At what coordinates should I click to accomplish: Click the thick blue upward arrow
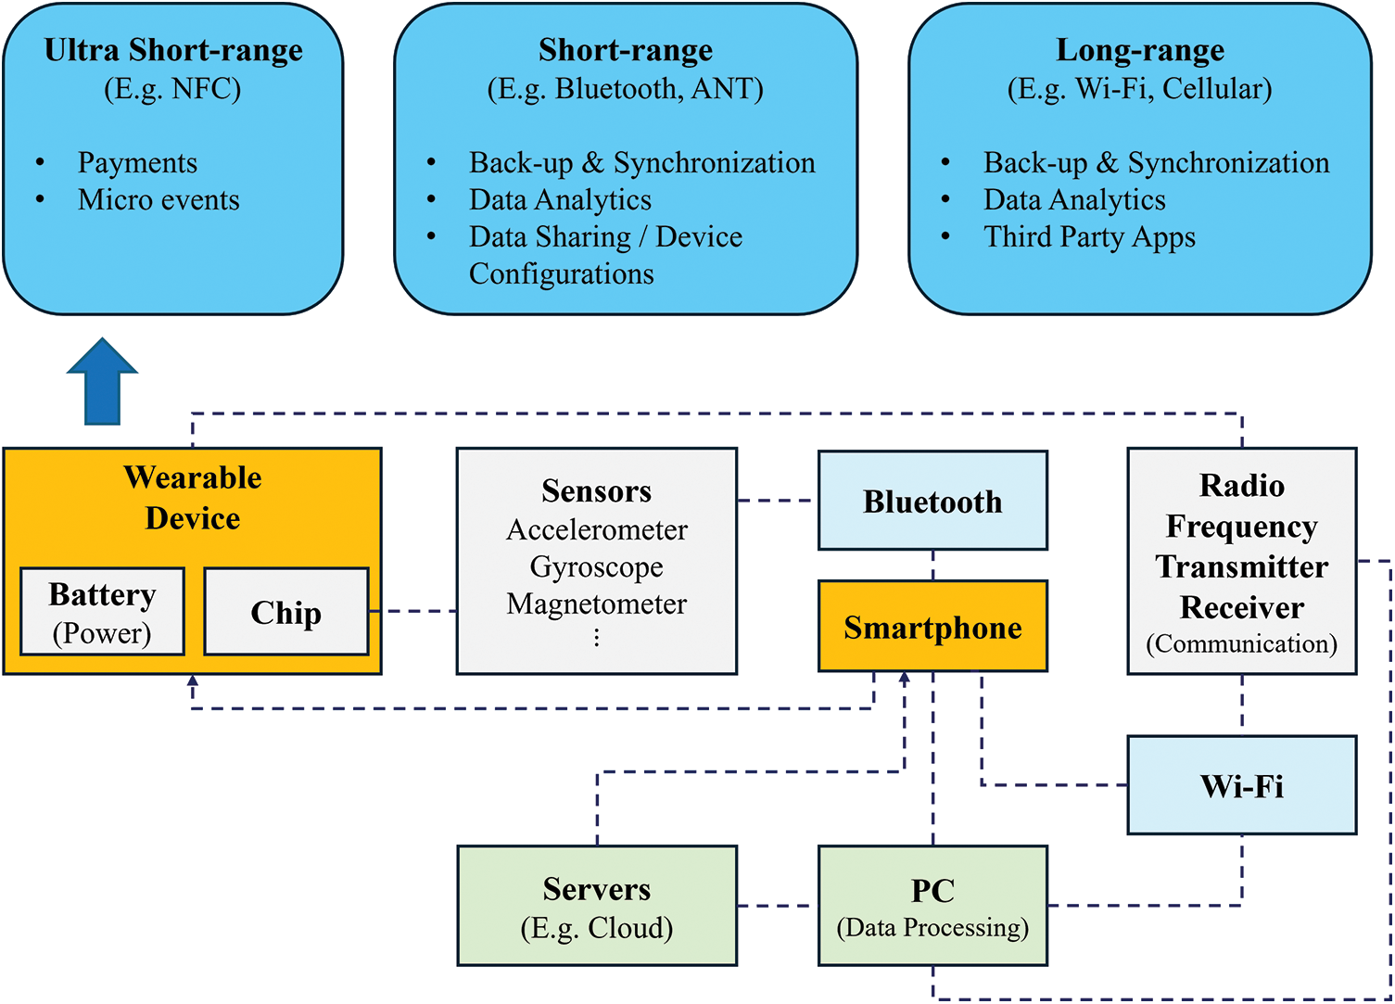pyautogui.click(x=102, y=382)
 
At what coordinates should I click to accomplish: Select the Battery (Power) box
pyautogui.click(x=102, y=612)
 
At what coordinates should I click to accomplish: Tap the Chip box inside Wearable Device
pyautogui.click(x=285, y=612)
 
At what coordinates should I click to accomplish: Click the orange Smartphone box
pyautogui.click(x=932, y=627)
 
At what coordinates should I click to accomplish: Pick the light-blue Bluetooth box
pyautogui.click(x=932, y=501)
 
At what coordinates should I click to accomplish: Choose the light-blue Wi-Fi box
pyautogui.click(x=1241, y=785)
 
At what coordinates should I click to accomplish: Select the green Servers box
pyautogui.click(x=597, y=905)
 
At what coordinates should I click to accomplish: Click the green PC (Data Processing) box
pyautogui.click(x=932, y=905)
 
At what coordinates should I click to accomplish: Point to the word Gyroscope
pyautogui.click(x=596, y=566)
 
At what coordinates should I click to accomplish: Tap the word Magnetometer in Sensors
pyautogui.click(x=596, y=604)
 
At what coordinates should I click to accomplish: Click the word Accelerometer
pyautogui.click(x=596, y=529)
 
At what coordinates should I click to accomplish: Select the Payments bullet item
pyautogui.click(x=137, y=162)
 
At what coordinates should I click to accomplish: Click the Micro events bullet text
pyautogui.click(x=159, y=199)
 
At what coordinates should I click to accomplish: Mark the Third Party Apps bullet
pyautogui.click(x=1089, y=236)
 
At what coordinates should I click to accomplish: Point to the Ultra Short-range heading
pyautogui.click(x=173, y=49)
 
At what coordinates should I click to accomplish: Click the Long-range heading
pyautogui.click(x=1139, y=49)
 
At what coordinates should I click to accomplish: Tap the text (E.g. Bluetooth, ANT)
pyautogui.click(x=625, y=88)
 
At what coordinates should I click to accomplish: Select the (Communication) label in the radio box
pyautogui.click(x=1241, y=643)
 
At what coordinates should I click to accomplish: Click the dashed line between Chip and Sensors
pyautogui.click(x=412, y=611)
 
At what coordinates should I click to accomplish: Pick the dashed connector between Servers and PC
pyautogui.click(x=777, y=906)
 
